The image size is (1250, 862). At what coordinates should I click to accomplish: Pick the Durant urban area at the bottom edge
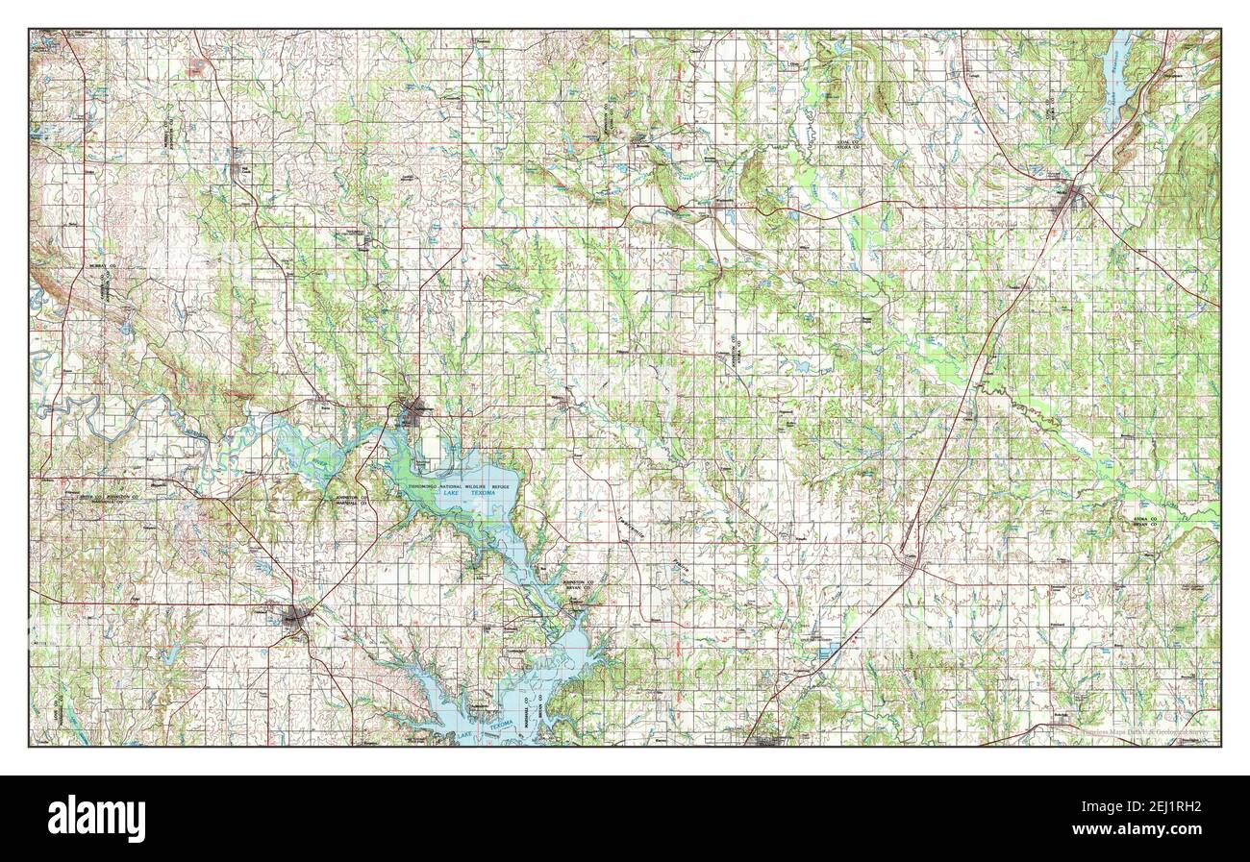click(769, 740)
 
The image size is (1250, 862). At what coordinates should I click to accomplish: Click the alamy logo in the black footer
click(98, 818)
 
